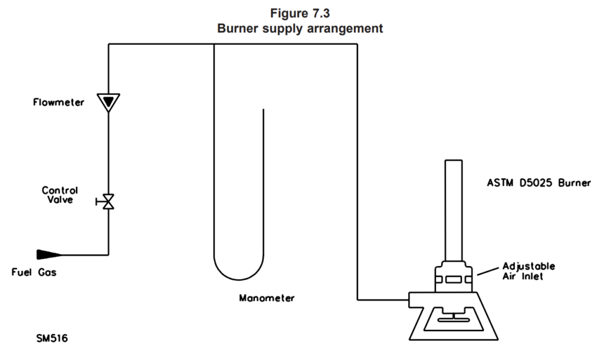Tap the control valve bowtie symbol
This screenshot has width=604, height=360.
coord(109,202)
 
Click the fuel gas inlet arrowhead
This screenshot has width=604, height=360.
coord(49,254)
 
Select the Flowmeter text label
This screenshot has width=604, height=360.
coord(58,102)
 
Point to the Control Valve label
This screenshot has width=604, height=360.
coord(60,195)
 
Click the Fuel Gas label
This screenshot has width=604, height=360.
coord(34,272)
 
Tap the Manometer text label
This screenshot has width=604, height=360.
coord(267,298)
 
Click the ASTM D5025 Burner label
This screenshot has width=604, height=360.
coord(539,183)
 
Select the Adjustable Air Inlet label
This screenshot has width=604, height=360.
coord(528,271)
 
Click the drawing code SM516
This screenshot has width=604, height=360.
coord(52,338)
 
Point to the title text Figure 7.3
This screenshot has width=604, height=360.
coord(300,14)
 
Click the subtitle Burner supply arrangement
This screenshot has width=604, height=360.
coord(300,28)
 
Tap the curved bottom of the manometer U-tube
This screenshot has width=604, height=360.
coord(239,279)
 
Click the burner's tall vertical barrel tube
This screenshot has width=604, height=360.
coord(454,211)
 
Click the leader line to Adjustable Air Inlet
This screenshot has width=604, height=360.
coord(488,271)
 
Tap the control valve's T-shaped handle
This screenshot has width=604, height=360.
coord(99,202)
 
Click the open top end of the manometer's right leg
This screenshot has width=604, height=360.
coord(264,109)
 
